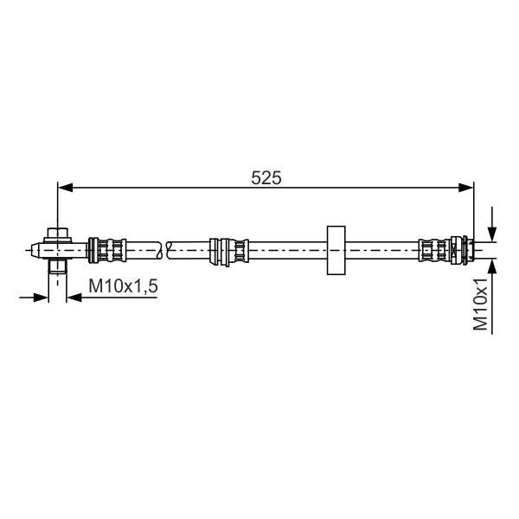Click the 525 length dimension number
pos(266,177)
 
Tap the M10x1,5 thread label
pos(123,286)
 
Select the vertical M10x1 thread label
pos(480,304)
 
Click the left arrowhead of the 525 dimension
pos(66,188)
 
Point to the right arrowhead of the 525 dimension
pos(465,188)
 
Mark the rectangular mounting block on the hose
pos(336,250)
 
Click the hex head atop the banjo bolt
pos(58,234)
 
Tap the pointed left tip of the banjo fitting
pos(32,250)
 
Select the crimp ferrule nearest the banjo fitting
pos(107,250)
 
